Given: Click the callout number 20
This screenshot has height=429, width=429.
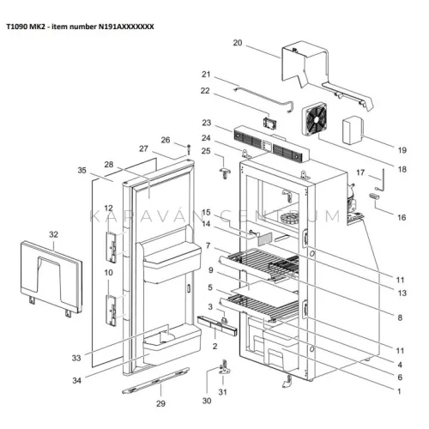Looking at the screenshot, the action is pyautogui.click(x=238, y=43).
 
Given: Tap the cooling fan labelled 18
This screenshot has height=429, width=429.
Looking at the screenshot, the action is pyautogui.click(x=315, y=120).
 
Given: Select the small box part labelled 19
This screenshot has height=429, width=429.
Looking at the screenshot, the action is pyautogui.click(x=353, y=130).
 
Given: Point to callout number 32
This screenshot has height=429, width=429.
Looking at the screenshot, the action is pyautogui.click(x=53, y=234).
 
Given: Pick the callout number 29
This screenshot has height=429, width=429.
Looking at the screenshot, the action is pyautogui.click(x=160, y=403).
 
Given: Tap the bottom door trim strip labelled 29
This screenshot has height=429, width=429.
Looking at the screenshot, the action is pyautogui.click(x=156, y=381).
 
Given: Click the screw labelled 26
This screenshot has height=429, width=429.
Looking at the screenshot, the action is pyautogui.click(x=189, y=149).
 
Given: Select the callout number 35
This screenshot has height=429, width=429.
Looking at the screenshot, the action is pyautogui.click(x=82, y=171).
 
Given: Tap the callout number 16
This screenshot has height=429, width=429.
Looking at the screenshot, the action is pyautogui.click(x=402, y=218).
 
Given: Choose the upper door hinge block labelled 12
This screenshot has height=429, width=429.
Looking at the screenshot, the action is pyautogui.click(x=112, y=247).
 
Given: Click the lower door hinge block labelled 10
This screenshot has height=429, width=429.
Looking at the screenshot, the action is pyautogui.click(x=112, y=311).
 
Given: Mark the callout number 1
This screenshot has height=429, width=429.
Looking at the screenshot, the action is pyautogui.click(x=399, y=391).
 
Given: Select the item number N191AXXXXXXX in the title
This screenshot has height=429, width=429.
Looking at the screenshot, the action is pyautogui.click(x=126, y=27).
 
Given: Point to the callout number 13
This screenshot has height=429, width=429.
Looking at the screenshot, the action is pyautogui.click(x=402, y=293).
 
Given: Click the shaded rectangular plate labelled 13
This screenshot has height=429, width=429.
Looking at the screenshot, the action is pyautogui.click(x=265, y=239).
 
